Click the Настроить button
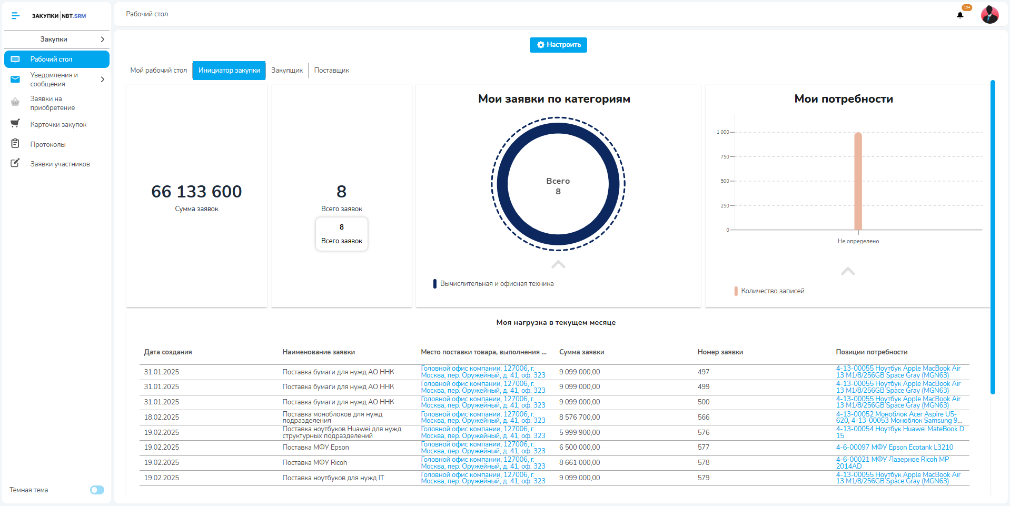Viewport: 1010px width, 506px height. click(x=558, y=45)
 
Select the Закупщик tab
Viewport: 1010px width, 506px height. click(x=287, y=71)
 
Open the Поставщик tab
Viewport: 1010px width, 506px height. click(x=332, y=71)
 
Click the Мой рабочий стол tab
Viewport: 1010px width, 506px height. click(x=159, y=71)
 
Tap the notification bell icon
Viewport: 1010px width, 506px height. click(x=960, y=15)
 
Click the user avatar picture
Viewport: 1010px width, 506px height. click(x=990, y=15)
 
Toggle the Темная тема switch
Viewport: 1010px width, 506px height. click(x=97, y=490)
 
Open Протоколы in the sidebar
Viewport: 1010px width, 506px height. click(x=48, y=144)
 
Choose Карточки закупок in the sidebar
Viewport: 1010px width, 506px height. click(x=58, y=125)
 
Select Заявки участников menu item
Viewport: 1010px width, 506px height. click(x=60, y=164)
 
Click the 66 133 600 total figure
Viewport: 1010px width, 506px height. click(x=196, y=192)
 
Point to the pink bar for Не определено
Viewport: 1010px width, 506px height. click(x=858, y=181)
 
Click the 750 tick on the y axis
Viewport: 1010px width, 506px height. click(x=725, y=157)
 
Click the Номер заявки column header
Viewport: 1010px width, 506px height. click(x=720, y=352)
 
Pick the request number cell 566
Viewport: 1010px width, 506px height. click(x=704, y=417)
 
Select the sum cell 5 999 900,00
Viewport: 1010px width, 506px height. click(x=579, y=432)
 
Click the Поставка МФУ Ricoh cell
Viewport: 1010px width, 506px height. click(x=315, y=463)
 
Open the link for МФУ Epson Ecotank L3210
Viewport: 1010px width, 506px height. click(x=895, y=448)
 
